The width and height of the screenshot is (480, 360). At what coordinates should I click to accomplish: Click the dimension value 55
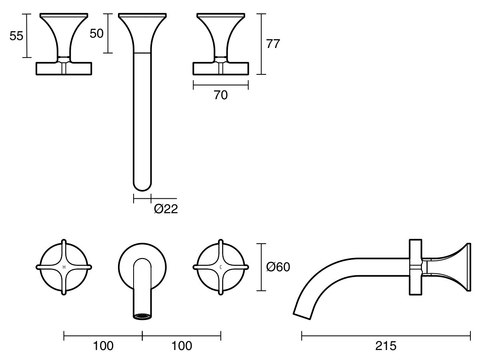(16, 36)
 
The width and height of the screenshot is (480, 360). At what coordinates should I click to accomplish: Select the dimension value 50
(96, 34)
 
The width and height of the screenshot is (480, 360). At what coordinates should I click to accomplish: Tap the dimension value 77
(273, 44)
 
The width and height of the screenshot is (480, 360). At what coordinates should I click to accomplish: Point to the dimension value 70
(220, 95)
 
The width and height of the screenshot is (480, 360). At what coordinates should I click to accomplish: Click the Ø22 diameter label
(166, 208)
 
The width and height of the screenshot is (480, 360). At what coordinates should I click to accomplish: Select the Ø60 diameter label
(278, 267)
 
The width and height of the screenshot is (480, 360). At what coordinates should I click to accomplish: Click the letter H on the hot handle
(64, 267)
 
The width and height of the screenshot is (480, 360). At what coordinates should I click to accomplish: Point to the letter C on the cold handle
(221, 267)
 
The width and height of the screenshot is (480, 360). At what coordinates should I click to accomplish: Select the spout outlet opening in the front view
(142, 316)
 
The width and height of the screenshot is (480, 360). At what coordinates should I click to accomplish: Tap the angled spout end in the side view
(302, 314)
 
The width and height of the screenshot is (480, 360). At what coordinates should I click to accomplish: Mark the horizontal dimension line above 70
(220, 85)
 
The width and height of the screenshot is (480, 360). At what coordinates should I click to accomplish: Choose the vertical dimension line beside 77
(261, 44)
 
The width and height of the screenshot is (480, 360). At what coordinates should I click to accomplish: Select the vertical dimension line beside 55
(27, 36)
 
